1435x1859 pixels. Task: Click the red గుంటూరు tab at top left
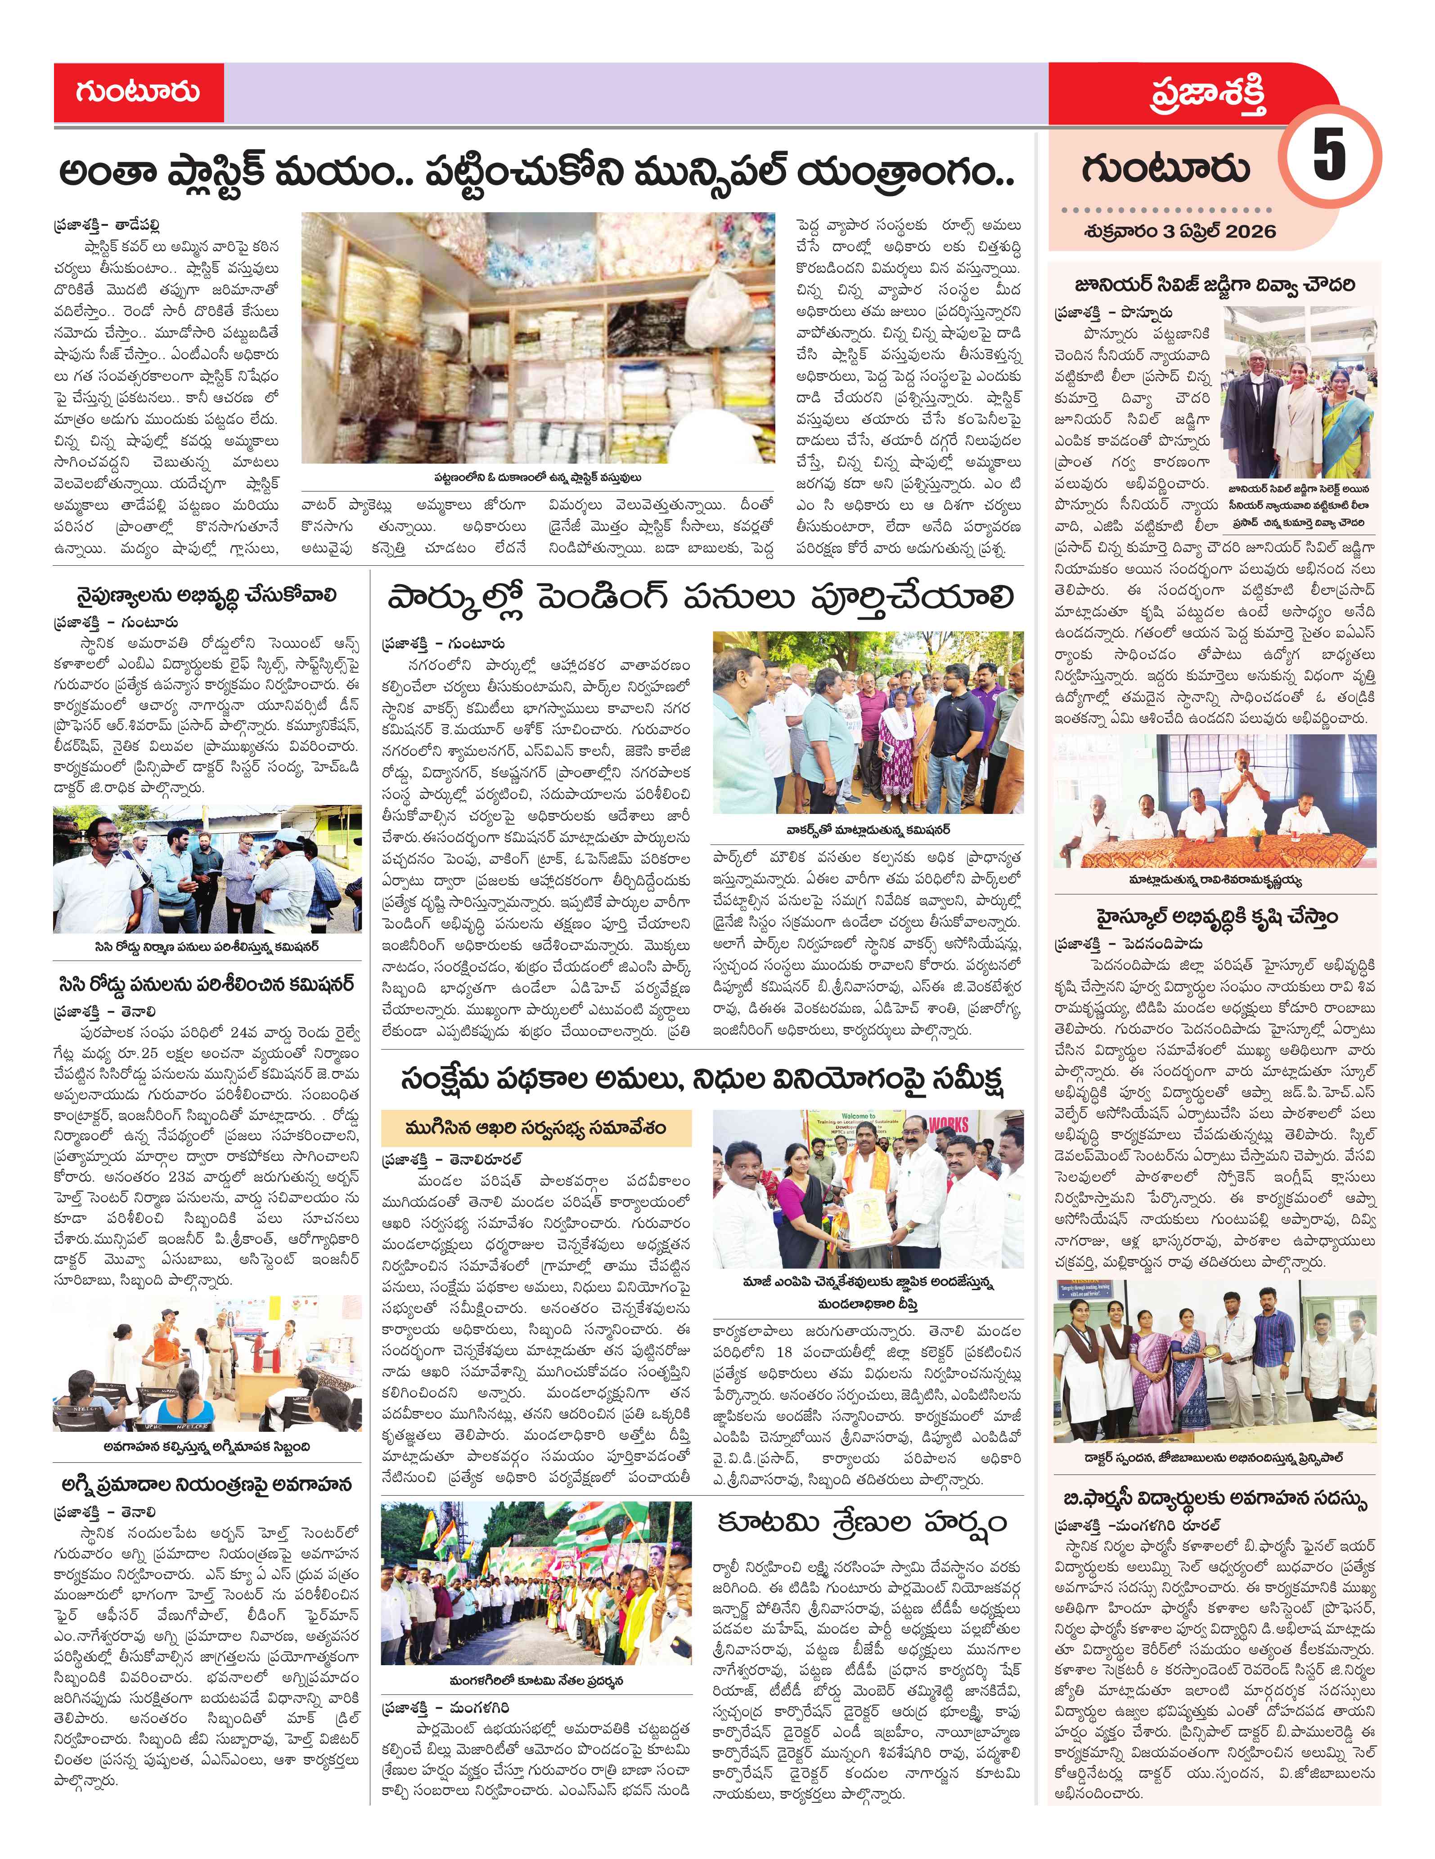[138, 92]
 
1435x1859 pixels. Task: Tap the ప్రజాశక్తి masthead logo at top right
[1208, 95]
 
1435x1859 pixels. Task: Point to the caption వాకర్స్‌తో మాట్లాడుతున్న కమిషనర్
[868, 829]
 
